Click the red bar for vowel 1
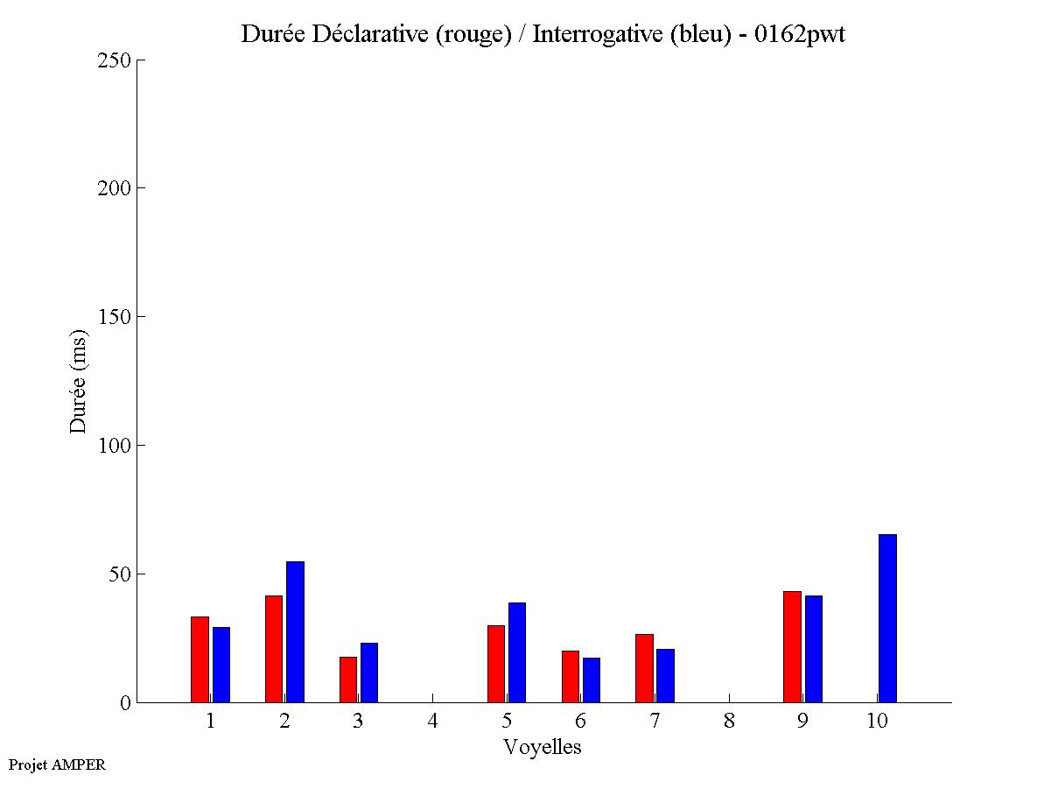coord(200,659)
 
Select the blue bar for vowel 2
coord(295,631)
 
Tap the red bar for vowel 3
coord(348,680)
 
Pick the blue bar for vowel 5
coord(517,652)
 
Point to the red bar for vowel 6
coord(571,676)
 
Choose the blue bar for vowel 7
coord(665,675)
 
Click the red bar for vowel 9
coord(792,646)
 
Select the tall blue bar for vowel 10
coord(887,618)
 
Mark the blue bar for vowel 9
coord(814,649)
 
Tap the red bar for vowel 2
coord(274,649)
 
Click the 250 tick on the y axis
coord(139,60)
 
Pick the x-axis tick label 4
coord(432,721)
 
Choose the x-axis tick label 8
coord(729,721)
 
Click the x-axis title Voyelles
coord(543,747)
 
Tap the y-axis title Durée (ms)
coord(79,381)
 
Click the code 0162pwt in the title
coord(799,34)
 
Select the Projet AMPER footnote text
coord(57,764)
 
